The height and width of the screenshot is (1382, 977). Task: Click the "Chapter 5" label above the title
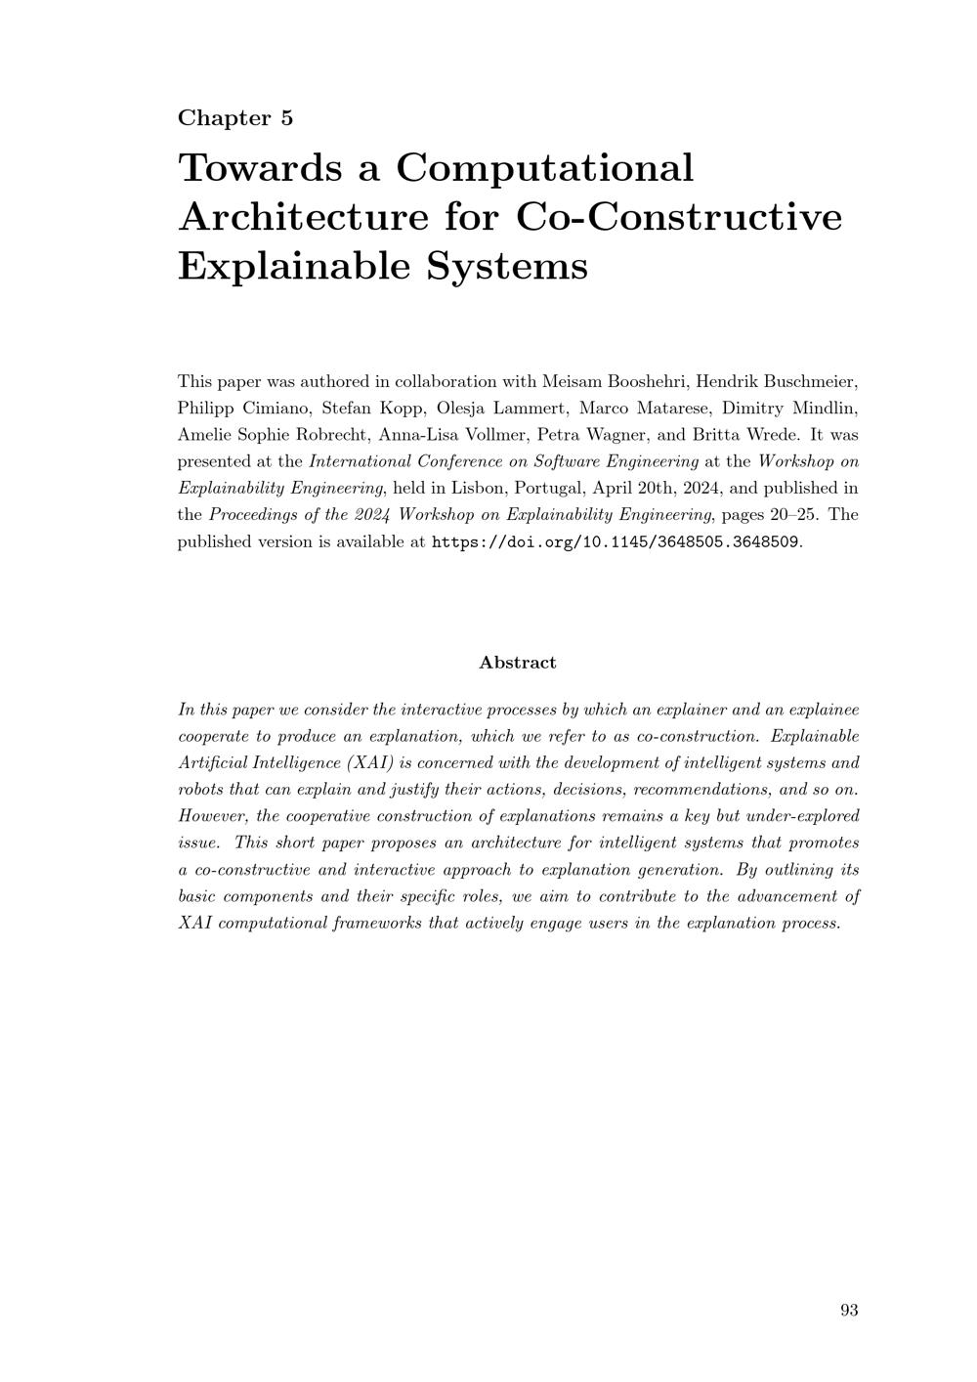pos(235,118)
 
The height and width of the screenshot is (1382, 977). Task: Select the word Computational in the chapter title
pos(544,167)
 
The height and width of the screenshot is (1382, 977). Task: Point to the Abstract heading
pos(517,663)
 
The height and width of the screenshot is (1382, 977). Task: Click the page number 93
pos(849,1311)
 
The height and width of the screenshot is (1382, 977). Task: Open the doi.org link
pos(616,542)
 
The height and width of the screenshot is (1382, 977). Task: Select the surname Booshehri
pos(649,381)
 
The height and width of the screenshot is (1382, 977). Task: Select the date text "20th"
pos(671,488)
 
